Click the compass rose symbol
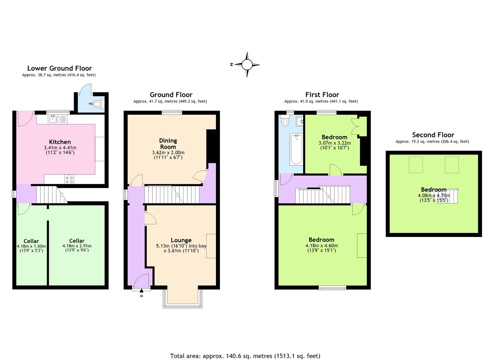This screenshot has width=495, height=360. tap(247, 65)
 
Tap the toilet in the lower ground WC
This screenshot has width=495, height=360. tap(97, 104)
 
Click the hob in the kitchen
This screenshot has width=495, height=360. tap(70, 179)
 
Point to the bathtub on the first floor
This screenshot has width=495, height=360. tap(296, 150)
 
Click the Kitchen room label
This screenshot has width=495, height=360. tap(60, 142)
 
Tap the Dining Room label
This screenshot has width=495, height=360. tap(168, 144)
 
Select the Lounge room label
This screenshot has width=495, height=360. tap(181, 240)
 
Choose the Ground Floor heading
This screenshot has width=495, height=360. tap(171, 95)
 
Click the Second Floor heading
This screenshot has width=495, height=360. tap(433, 135)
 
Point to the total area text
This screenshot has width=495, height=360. tap(245, 356)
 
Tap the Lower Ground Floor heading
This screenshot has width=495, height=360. tap(59, 68)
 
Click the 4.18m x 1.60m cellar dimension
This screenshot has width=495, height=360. tap(31, 246)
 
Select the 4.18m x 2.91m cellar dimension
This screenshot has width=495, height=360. tap(77, 246)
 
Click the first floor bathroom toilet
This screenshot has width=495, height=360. tap(285, 122)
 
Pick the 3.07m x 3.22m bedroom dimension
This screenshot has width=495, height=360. tap(334, 143)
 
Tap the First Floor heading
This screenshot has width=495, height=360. tap(322, 95)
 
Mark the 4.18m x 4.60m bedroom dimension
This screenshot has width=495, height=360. tap(321, 246)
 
